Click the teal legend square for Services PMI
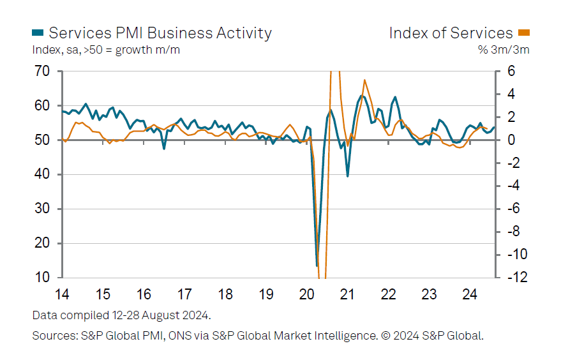tap(38, 33)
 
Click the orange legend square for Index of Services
tap(524, 33)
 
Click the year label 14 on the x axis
tap(62, 295)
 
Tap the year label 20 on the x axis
tap(307, 295)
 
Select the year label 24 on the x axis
tap(470, 295)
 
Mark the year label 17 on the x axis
tap(184, 295)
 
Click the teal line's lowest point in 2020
tap(317, 266)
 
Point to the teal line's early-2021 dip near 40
tap(347, 176)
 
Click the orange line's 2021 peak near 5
tap(364, 80)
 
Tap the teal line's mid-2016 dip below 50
tap(164, 149)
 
